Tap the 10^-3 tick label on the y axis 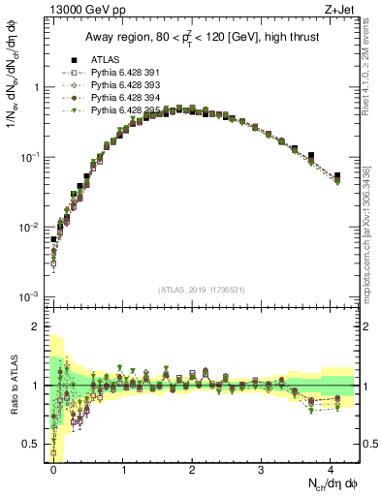[31, 296]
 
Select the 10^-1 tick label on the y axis [31, 157]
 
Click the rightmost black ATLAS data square [336, 176]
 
